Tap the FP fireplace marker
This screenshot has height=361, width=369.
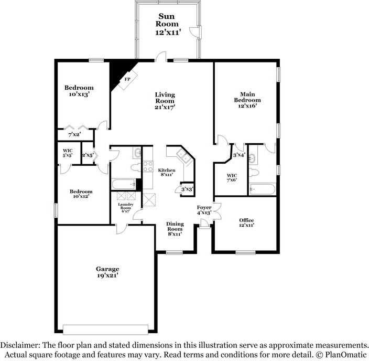[x=126, y=80]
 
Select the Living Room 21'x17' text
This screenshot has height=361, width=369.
[x=165, y=101]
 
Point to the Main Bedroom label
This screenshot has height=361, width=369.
[x=246, y=100]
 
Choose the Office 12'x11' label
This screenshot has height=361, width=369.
[x=246, y=223]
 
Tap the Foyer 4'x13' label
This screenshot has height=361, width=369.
[x=204, y=210]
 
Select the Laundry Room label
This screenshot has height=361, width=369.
[x=125, y=207]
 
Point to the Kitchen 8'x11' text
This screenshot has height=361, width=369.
[x=167, y=173]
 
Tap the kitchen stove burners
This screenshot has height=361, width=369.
[x=148, y=167]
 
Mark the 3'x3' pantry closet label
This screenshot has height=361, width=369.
[x=187, y=189]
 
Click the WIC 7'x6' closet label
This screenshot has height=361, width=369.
[x=232, y=177]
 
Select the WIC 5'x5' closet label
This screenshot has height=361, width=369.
[x=68, y=153]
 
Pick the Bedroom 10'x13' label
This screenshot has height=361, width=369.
[x=79, y=91]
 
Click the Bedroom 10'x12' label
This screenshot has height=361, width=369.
[x=81, y=195]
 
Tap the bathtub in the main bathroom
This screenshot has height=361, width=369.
[x=262, y=188]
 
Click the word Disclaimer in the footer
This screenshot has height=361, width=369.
[x=23, y=345]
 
